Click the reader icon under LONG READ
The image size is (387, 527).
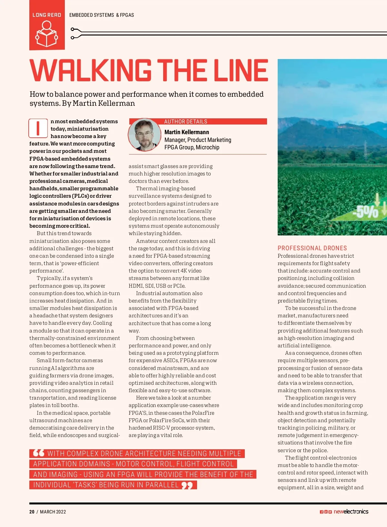click(x=47, y=34)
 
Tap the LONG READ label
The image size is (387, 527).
click(x=47, y=15)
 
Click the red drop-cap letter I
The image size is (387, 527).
click(x=38, y=128)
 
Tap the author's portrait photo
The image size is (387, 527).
click(x=144, y=135)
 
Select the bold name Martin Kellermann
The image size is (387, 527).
click(x=187, y=132)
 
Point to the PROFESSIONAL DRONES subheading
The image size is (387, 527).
click(x=312, y=248)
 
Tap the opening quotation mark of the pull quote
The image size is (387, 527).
click(x=39, y=453)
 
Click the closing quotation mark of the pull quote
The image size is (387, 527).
click(x=187, y=485)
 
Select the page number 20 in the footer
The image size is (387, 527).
click(x=32, y=512)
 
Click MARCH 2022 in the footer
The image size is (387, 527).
click(x=53, y=512)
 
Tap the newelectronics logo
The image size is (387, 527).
click(x=351, y=512)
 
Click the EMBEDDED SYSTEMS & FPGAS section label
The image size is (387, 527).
click(x=102, y=15)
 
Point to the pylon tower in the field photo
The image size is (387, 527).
click(x=365, y=150)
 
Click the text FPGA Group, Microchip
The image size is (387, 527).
click(x=192, y=147)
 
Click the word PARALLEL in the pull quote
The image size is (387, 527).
click(x=162, y=485)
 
